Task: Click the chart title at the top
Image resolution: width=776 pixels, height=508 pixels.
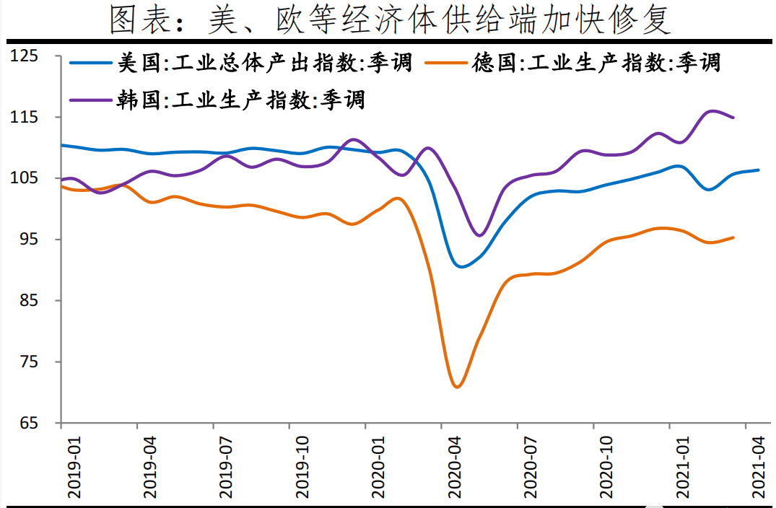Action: tap(390, 21)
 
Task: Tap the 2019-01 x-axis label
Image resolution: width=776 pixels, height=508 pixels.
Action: tap(73, 468)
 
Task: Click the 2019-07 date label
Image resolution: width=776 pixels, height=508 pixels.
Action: tap(225, 468)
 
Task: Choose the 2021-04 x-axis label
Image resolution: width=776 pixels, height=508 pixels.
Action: tap(758, 468)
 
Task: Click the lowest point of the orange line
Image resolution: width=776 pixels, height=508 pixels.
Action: tap(457, 387)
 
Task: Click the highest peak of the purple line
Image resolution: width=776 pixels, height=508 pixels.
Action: tap(712, 111)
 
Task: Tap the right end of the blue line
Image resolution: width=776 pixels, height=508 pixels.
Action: tap(758, 170)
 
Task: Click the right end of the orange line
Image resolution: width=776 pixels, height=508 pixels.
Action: tap(733, 237)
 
